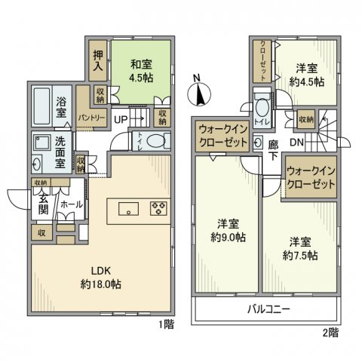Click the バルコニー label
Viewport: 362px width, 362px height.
[x=268, y=309]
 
